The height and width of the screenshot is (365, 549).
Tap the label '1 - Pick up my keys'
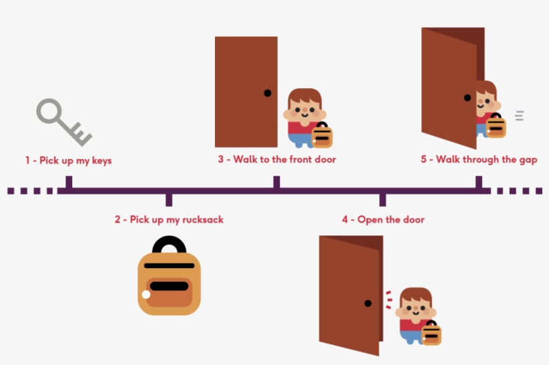[x=68, y=160]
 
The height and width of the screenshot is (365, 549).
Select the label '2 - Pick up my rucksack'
[x=169, y=219]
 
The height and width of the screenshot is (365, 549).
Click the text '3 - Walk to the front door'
[x=277, y=160]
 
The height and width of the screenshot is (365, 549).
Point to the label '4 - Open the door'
[x=383, y=219]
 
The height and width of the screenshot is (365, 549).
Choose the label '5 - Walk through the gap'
[x=478, y=160]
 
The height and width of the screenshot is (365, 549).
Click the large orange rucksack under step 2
[x=169, y=284]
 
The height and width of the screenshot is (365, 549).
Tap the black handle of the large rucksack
[x=169, y=245]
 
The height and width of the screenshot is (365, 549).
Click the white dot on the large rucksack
[x=146, y=295]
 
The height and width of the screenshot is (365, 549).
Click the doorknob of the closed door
[x=267, y=93]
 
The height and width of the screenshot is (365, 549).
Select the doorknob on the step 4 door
[x=368, y=303]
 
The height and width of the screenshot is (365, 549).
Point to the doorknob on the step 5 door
[x=467, y=98]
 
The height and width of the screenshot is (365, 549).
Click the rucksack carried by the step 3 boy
[x=321, y=135]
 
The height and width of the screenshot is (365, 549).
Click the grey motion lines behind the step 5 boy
[x=519, y=116]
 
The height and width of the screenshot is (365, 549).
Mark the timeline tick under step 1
[x=68, y=182]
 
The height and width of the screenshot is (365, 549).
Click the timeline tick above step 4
[x=382, y=199]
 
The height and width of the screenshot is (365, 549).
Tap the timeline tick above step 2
[x=169, y=199]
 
